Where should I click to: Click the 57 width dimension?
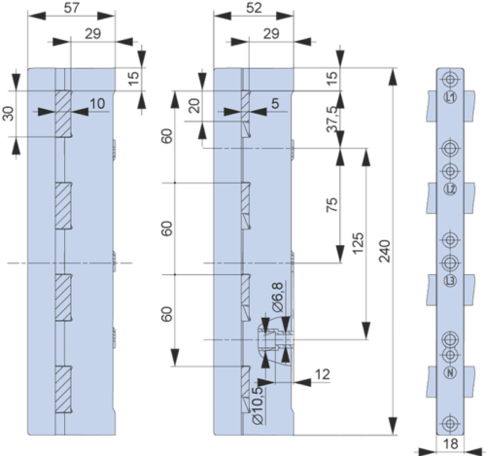(71, 8)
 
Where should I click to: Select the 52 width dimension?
(254, 8)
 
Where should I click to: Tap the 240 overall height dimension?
(385, 251)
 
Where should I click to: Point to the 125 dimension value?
(358, 243)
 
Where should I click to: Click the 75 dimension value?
(331, 205)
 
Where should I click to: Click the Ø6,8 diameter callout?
(278, 298)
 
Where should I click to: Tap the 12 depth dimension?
(322, 374)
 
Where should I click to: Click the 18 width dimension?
(450, 443)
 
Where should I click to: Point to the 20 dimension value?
(195, 106)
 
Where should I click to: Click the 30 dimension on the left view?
(10, 114)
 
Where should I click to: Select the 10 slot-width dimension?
(97, 103)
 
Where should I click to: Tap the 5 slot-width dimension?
(275, 103)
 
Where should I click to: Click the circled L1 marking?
(450, 97)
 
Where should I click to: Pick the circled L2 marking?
(450, 189)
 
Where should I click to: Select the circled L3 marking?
(450, 281)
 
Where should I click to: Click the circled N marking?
(450, 372)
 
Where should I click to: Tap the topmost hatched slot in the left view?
(63, 114)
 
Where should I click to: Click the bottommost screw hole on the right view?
(450, 423)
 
